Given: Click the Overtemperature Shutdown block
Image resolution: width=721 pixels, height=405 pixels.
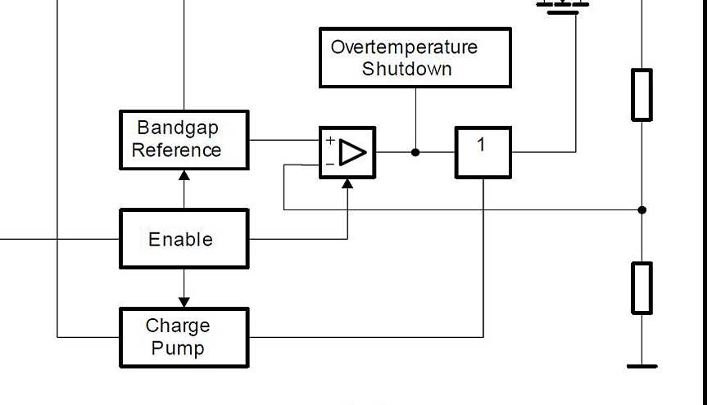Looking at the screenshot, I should pos(415,57).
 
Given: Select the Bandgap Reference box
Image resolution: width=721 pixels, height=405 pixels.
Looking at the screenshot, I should pos(184,140).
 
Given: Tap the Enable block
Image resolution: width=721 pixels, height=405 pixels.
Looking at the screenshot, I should pos(184,239).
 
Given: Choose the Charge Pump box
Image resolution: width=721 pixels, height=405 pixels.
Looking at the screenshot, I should pos(184,337).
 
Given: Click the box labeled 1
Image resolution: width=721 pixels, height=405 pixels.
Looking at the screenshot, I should pos(483,152).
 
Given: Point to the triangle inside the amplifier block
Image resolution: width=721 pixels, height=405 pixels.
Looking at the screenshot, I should pos(353,153).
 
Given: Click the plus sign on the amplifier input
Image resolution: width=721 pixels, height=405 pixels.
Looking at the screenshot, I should pos(330,141).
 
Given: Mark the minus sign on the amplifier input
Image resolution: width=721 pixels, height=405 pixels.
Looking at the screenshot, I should pos(329,164).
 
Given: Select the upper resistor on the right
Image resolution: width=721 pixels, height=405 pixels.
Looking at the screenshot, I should pos(642,95).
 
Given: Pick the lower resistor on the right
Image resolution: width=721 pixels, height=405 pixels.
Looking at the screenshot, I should pos(642,288).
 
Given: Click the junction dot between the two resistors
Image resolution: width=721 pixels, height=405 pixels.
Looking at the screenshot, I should pos(642,210).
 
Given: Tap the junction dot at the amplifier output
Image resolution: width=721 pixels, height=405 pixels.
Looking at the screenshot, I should pos(415,152).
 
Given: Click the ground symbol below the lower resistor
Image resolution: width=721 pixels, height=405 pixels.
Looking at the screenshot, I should pos(642,366).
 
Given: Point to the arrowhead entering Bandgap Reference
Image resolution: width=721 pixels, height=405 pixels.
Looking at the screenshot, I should pos(184,175).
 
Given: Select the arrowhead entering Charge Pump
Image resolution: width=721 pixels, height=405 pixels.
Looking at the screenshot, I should pos(184,302).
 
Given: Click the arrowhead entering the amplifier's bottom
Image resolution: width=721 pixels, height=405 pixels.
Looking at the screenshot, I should pos(347,183).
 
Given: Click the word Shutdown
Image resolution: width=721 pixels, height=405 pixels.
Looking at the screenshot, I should pos(406,69).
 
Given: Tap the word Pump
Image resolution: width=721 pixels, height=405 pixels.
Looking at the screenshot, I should pos(178,348).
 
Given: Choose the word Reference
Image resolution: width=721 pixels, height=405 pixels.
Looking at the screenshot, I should pos(176,151).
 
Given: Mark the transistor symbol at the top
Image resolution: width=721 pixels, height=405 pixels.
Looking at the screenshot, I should pos(562,5).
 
